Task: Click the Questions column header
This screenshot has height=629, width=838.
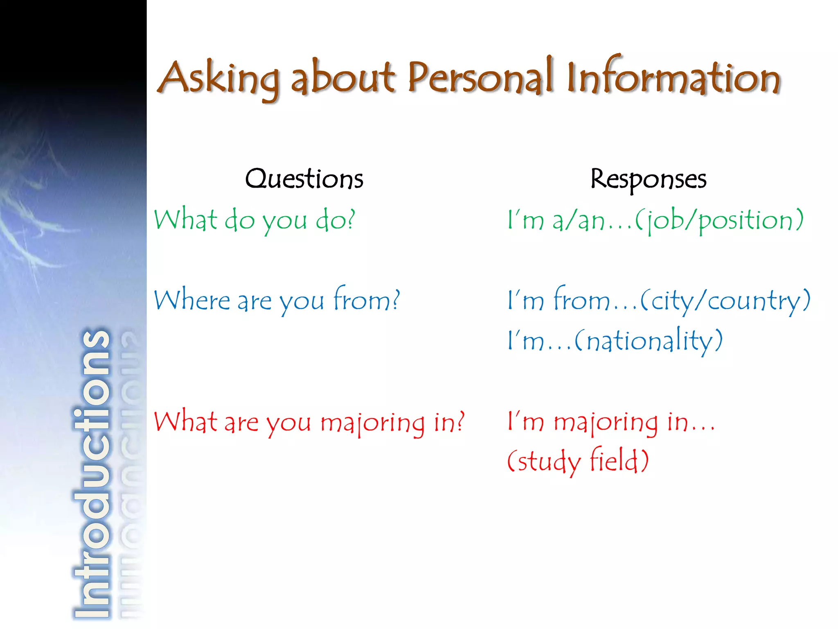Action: pos(304,179)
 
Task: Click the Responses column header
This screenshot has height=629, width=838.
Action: pos(648,179)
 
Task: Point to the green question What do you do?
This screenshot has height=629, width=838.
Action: pos(255,220)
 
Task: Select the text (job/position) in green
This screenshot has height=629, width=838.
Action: pos(719,220)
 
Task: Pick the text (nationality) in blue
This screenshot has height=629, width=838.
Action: pos(648,341)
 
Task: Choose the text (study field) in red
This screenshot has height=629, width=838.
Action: pos(578,461)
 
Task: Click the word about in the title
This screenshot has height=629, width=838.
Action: pos(343,78)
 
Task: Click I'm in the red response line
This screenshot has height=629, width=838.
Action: pos(525,422)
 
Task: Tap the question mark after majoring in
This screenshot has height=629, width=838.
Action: pos(461,421)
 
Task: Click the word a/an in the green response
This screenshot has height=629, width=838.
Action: pos(578,220)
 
